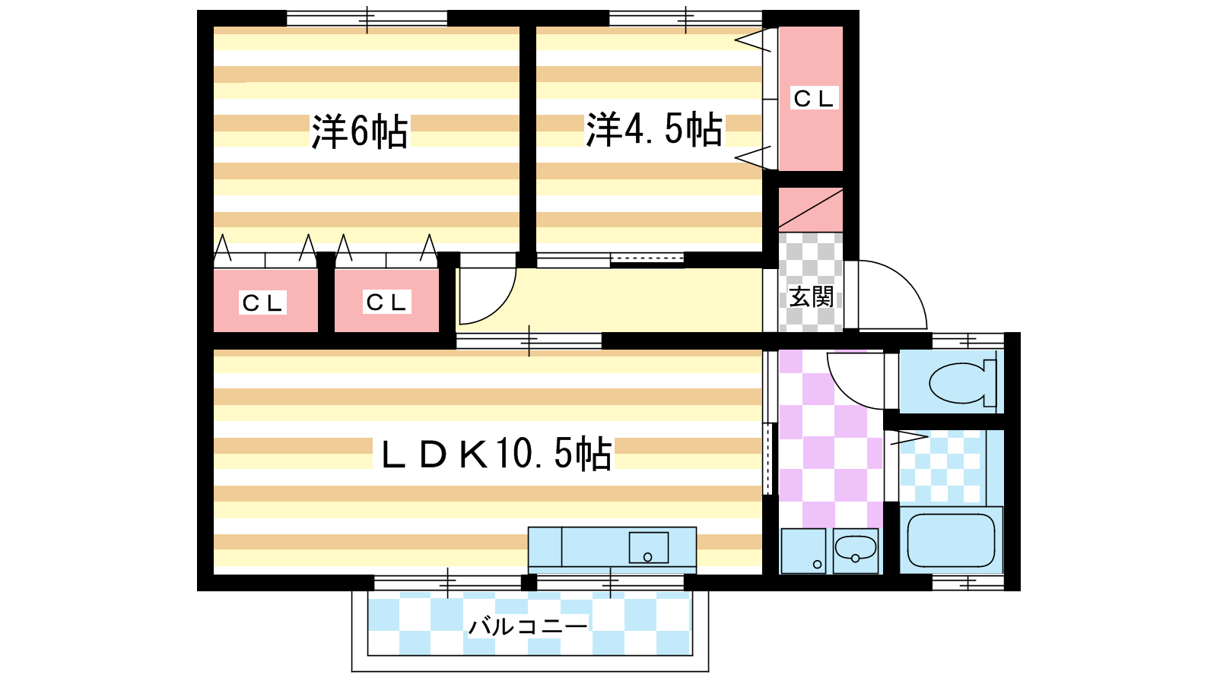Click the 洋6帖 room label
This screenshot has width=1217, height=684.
pos(359,131)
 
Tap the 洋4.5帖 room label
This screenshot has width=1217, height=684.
pos(653,129)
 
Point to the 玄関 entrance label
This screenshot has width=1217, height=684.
pos(811,297)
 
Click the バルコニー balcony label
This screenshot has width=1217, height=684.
pos(528,626)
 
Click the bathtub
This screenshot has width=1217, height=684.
pos(952,540)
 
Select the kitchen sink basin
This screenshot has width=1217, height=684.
pos(649,547)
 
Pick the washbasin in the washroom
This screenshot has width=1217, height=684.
pos(856,550)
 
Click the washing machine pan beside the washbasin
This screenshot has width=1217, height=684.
pos(803,550)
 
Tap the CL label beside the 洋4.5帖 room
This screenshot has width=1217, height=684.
pos(813,98)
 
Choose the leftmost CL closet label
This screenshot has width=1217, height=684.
pos(262,303)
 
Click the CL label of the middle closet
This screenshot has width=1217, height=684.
pos(387,302)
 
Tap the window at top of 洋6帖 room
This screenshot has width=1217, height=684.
pos(367,18)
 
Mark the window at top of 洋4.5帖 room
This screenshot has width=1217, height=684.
pos(685,18)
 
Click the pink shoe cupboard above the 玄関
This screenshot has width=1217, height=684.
pos(811,210)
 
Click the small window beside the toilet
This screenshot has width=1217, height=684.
pos(968,341)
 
